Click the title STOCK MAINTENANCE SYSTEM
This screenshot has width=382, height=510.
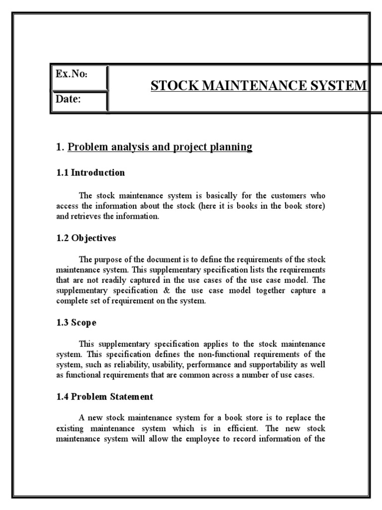pos(259,86)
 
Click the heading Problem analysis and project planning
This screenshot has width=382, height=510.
pos(160,147)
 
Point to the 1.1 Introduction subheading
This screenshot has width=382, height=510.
pos(90,173)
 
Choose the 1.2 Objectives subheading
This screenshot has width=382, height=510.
pos(86,238)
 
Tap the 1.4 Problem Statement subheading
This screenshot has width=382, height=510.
pos(104,397)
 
